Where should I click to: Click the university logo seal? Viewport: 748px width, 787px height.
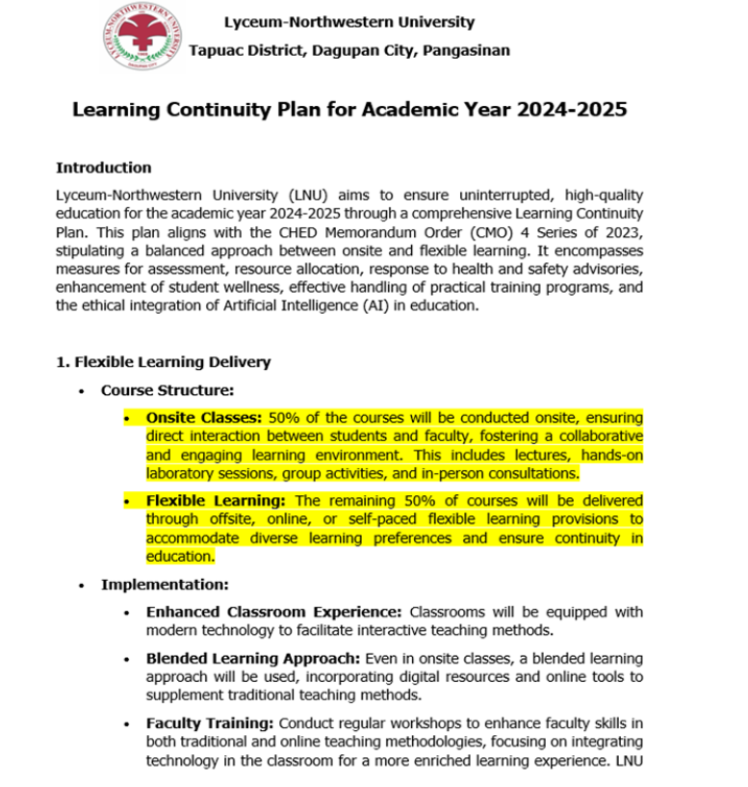click(142, 37)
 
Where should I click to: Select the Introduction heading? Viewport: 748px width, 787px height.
click(103, 168)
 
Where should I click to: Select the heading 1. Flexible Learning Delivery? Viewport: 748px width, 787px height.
click(163, 362)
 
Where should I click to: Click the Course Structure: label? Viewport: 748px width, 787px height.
click(168, 391)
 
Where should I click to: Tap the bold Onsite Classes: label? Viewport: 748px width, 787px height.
click(204, 418)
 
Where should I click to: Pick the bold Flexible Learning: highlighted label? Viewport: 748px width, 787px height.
click(217, 501)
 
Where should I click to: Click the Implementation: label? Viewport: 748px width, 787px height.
click(165, 585)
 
